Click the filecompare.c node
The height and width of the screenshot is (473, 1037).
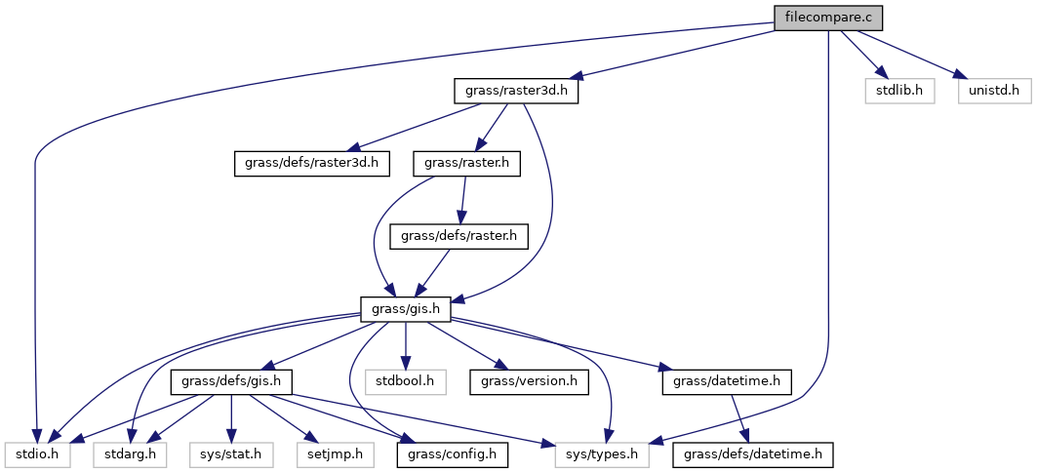click(827, 18)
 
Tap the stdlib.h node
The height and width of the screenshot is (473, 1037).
click(899, 91)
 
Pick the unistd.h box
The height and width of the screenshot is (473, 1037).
click(993, 91)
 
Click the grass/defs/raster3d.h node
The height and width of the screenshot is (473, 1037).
click(312, 164)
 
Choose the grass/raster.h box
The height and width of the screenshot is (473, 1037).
click(466, 164)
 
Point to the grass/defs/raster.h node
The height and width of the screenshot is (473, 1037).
click(459, 236)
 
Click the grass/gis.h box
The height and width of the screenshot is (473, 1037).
click(406, 309)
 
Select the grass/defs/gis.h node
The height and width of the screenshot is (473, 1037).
click(229, 381)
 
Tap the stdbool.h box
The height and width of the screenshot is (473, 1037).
click(406, 381)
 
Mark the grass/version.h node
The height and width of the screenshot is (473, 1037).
click(529, 381)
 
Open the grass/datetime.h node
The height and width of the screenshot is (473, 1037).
click(727, 381)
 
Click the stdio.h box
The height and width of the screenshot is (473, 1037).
click(36, 453)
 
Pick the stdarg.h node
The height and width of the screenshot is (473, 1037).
click(130, 453)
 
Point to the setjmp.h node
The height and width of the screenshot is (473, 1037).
click(333, 453)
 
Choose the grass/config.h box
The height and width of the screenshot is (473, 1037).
click(453, 453)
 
